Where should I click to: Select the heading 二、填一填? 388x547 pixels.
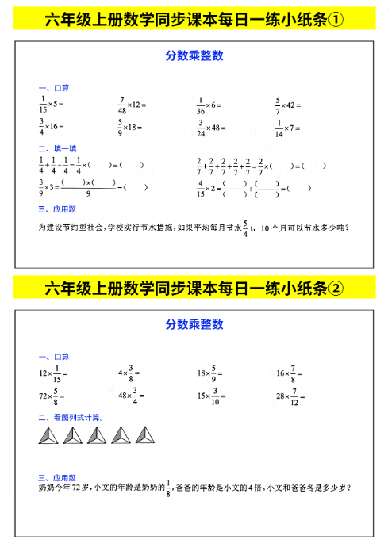click(57, 147)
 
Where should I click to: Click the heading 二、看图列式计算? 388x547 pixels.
click(71, 416)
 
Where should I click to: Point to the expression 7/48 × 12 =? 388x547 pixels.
click(133, 104)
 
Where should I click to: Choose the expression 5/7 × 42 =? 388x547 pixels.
click(289, 104)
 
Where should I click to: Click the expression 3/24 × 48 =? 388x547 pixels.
click(211, 127)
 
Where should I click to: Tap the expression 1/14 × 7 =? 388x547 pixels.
click(287, 127)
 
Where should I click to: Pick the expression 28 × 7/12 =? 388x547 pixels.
click(290, 395)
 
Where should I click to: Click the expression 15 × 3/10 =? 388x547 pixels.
click(213, 395)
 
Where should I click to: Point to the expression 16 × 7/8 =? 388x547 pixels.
click(290, 372)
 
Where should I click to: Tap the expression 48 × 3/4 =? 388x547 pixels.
click(133, 395)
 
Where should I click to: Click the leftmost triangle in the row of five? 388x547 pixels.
click(48, 435)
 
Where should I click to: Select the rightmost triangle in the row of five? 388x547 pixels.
click(146, 435)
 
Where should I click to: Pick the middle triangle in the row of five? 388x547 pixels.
click(98, 435)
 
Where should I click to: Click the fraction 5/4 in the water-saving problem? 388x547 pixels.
click(245, 228)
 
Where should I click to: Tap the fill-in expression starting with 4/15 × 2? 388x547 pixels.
click(243, 188)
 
